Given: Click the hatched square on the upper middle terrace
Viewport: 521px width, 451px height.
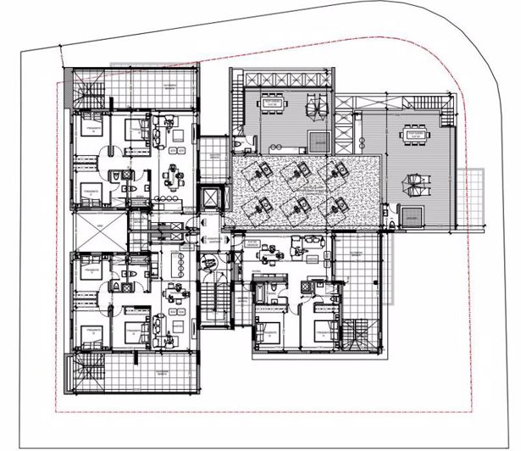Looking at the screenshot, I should coord(318,142).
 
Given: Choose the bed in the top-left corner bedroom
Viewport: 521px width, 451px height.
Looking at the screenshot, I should coord(91,130).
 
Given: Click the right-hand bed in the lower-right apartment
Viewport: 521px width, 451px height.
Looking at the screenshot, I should coord(323,329).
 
